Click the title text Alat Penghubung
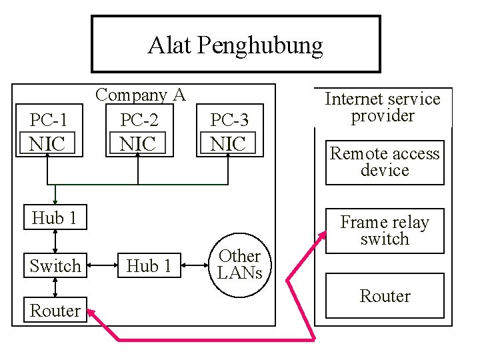tap(235, 45)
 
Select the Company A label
tap(140, 95)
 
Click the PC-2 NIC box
tap(139, 131)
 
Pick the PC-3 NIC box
tap(229, 131)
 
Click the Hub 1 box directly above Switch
tap(55, 218)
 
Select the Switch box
tap(55, 266)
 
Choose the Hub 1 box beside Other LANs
tap(149, 266)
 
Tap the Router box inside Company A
tap(55, 311)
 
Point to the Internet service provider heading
tap(383, 107)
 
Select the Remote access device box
tap(385, 162)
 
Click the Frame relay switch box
tap(385, 231)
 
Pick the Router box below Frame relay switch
tap(385, 296)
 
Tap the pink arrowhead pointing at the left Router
tap(94, 313)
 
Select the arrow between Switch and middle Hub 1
tap(102, 266)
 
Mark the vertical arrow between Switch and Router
tap(55, 287)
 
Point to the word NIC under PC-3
tap(228, 143)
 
